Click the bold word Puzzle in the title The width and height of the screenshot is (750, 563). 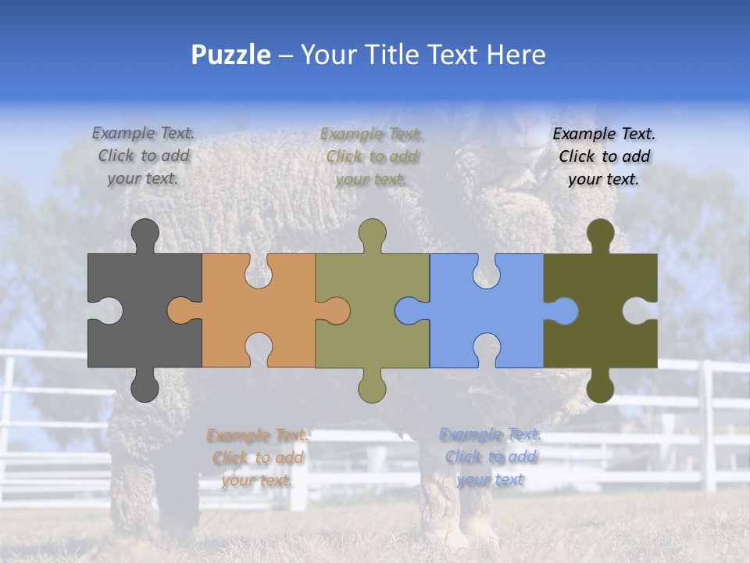pyautogui.click(x=231, y=55)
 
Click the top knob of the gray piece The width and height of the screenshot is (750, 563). pyautogui.click(x=145, y=233)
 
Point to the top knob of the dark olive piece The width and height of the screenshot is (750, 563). pyautogui.click(x=600, y=233)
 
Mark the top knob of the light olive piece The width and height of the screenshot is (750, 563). pyautogui.click(x=373, y=233)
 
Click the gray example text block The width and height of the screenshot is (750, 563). pyautogui.click(x=143, y=156)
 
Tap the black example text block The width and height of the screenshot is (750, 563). pyautogui.click(x=604, y=156)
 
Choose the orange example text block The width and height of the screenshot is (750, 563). pyautogui.click(x=257, y=457)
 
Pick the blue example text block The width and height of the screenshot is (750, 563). pyautogui.click(x=490, y=457)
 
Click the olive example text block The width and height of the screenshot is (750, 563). pyautogui.click(x=371, y=156)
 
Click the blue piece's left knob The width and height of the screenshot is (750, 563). pyautogui.click(x=408, y=310)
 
